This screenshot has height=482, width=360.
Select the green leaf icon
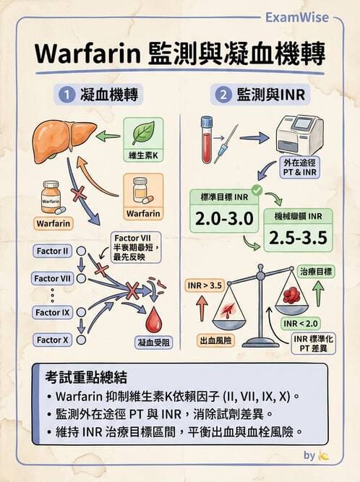click(142, 133)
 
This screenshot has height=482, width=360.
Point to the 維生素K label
click(143, 156)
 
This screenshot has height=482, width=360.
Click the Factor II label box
click(52, 251)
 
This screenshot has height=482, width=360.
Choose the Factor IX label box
click(52, 312)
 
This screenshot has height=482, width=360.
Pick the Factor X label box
click(52, 340)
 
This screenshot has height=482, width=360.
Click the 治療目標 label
click(316, 271)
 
